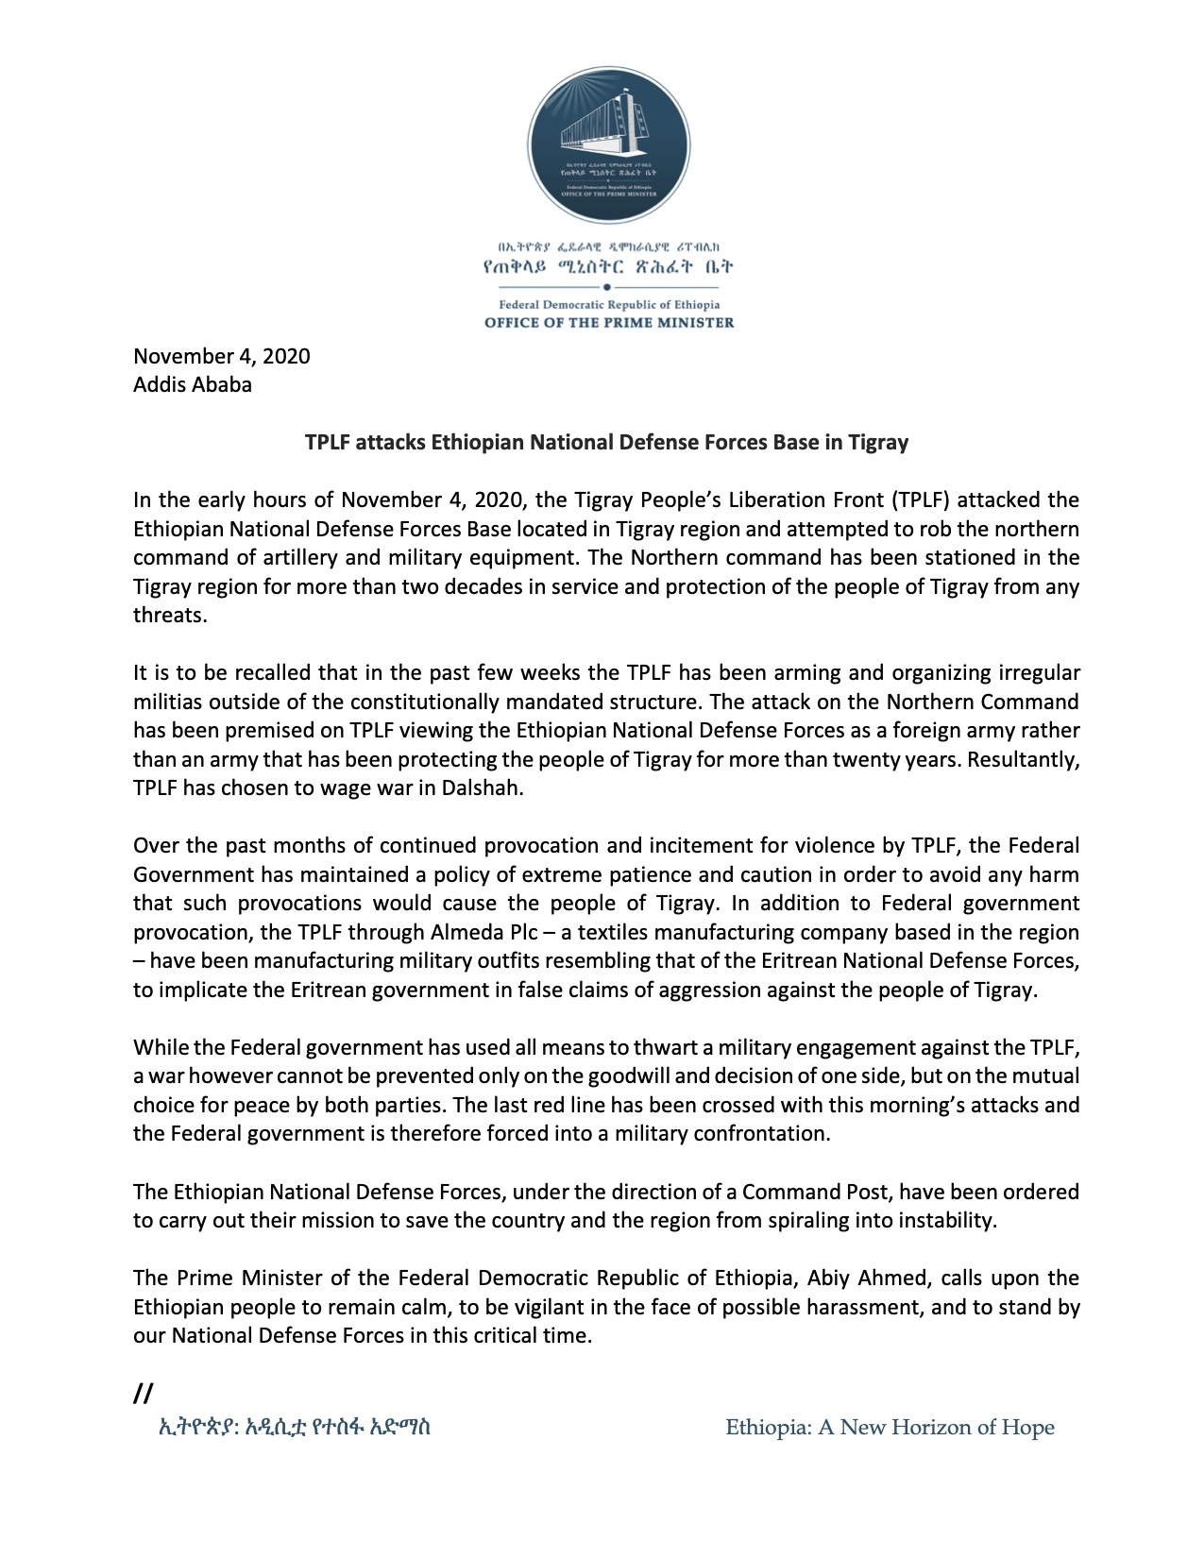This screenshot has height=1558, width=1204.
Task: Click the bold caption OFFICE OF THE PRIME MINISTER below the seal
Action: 608,322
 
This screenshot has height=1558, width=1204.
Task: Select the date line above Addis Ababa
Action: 221,356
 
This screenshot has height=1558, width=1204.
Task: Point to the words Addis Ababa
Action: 193,384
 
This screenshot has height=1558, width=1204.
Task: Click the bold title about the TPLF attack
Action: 605,442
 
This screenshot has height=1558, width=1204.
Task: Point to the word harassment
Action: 813,1307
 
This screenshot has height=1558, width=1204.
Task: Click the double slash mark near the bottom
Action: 144,1393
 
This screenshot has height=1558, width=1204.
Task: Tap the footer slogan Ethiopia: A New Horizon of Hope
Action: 890,1428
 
